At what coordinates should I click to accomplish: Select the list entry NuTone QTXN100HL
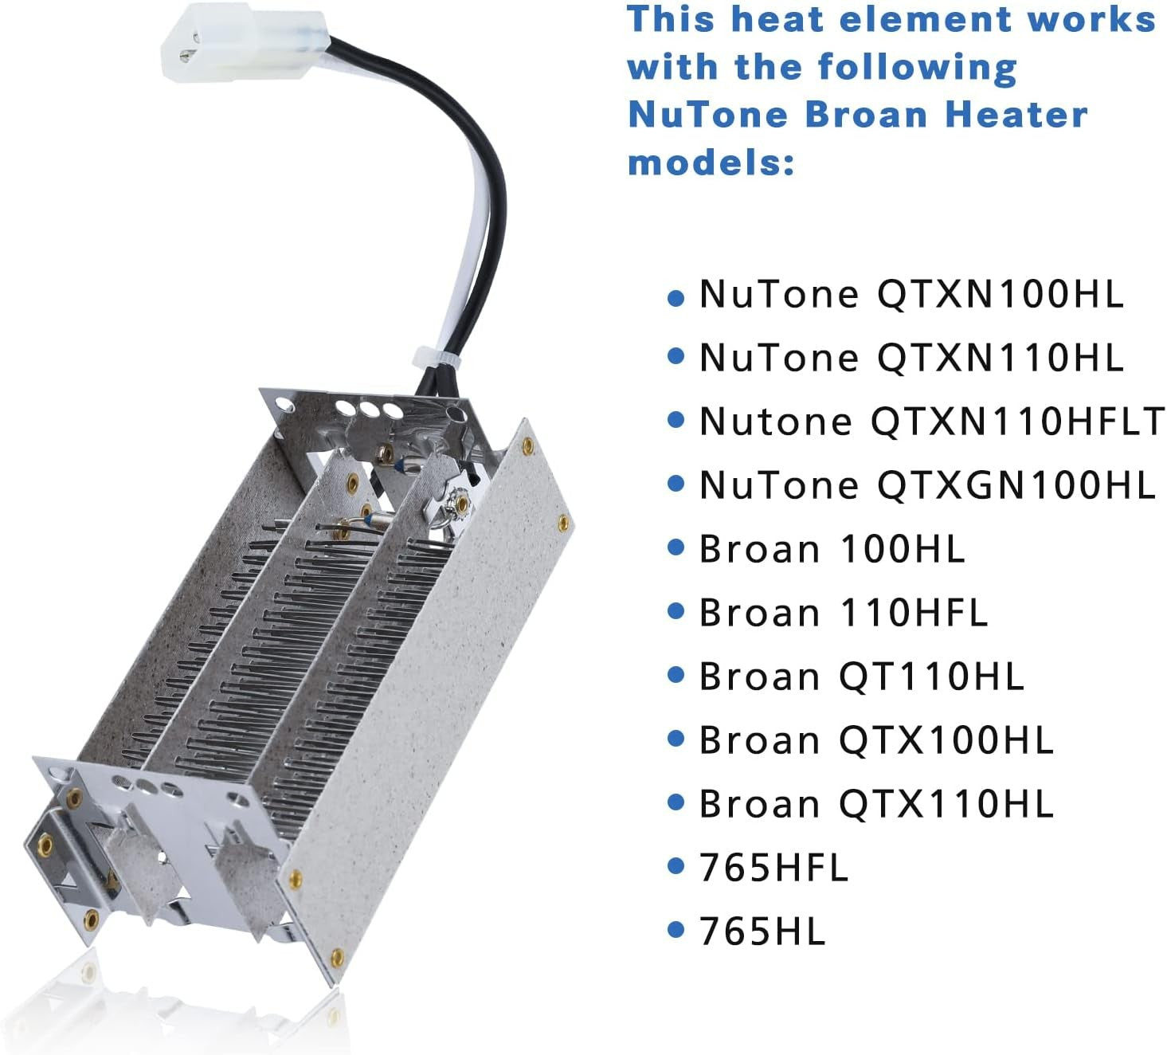pyautogui.click(x=911, y=294)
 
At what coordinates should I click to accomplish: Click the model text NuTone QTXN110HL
pyautogui.click(x=911, y=357)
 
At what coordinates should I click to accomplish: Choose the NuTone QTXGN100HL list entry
pyautogui.click(x=927, y=484)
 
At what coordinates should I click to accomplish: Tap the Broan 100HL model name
pyautogui.click(x=832, y=549)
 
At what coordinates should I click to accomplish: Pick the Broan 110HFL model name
pyautogui.click(x=843, y=612)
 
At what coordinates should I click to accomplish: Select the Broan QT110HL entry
pyautogui.click(x=861, y=677)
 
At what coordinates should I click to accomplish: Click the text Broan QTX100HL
pyautogui.click(x=876, y=739)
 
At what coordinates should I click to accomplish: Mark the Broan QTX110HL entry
pyautogui.click(x=876, y=804)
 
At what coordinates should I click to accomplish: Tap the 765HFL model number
pyautogui.click(x=773, y=867)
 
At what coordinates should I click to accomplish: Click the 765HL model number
pyautogui.click(x=762, y=931)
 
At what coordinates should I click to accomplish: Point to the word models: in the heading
pyautogui.click(x=711, y=162)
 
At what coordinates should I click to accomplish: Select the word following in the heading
pyautogui.click(x=917, y=68)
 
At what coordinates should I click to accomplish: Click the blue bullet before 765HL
pyautogui.click(x=676, y=930)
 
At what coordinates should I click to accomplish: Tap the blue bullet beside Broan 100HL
pyautogui.click(x=676, y=547)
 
